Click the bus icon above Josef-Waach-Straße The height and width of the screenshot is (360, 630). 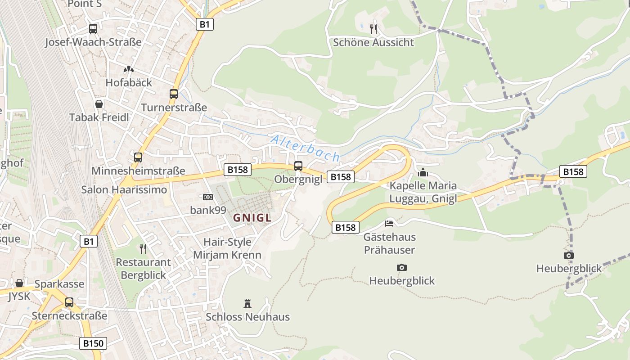93,29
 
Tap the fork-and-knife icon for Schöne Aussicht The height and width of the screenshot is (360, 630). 373,29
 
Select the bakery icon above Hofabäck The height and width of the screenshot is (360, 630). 129,69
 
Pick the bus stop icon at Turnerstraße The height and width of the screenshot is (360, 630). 174,94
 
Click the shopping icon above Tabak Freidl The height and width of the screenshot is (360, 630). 99,104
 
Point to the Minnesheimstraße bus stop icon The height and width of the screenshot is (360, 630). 138,157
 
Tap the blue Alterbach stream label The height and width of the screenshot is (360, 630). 305,148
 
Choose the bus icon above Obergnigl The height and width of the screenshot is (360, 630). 298,166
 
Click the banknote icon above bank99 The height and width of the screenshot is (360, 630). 207,197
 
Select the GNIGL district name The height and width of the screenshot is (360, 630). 252,218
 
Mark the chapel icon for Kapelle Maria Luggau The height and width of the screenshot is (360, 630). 423,172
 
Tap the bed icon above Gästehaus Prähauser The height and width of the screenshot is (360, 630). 389,223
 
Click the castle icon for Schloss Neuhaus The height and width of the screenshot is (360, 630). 247,303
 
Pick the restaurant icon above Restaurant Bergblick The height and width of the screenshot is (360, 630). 143,248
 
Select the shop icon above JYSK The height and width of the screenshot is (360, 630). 19,283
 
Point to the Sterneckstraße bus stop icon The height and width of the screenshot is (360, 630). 69,302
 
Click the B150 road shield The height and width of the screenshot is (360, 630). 94,343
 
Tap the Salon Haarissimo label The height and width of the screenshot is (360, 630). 124,189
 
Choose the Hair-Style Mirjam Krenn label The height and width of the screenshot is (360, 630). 227,248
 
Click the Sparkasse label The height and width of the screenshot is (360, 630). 59,284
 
